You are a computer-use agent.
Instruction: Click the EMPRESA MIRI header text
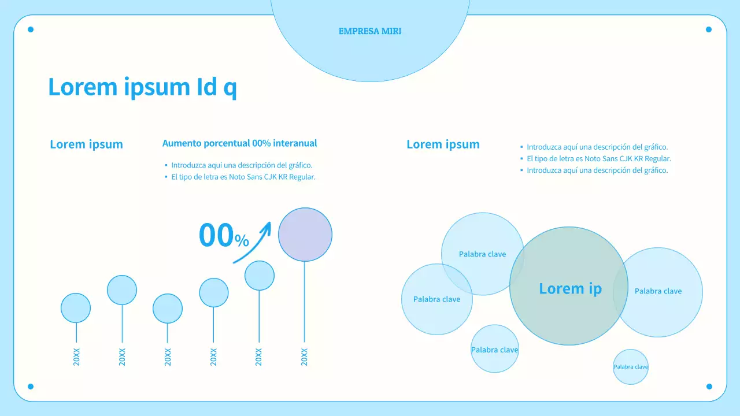pyautogui.click(x=370, y=31)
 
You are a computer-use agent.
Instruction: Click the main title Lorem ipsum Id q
pyautogui.click(x=142, y=87)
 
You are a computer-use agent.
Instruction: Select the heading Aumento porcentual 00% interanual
pyautogui.click(x=239, y=143)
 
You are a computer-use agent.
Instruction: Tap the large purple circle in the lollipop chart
pyautogui.click(x=305, y=235)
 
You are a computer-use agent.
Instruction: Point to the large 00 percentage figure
pyautogui.click(x=216, y=235)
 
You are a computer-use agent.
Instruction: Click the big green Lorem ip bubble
pyautogui.click(x=569, y=287)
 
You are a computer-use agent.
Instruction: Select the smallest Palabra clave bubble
pyautogui.click(x=631, y=367)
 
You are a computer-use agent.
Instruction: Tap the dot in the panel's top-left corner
pyautogui.click(x=31, y=29)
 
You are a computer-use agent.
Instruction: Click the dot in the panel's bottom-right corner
pyautogui.click(x=709, y=387)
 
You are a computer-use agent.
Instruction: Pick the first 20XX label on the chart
pyautogui.click(x=76, y=357)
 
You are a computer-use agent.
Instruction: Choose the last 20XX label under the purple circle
pyautogui.click(x=305, y=357)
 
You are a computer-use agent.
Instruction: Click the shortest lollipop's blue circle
pyautogui.click(x=168, y=309)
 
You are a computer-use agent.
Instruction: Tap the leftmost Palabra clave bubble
pyautogui.click(x=437, y=299)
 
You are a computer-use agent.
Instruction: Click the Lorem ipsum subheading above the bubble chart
pyautogui.click(x=443, y=144)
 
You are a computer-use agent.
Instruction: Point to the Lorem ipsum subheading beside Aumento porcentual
pyautogui.click(x=86, y=144)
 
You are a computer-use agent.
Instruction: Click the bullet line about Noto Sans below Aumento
pyautogui.click(x=243, y=177)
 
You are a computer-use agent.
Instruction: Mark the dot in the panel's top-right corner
pyautogui.click(x=709, y=29)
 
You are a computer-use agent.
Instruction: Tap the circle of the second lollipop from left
pyautogui.click(x=122, y=290)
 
